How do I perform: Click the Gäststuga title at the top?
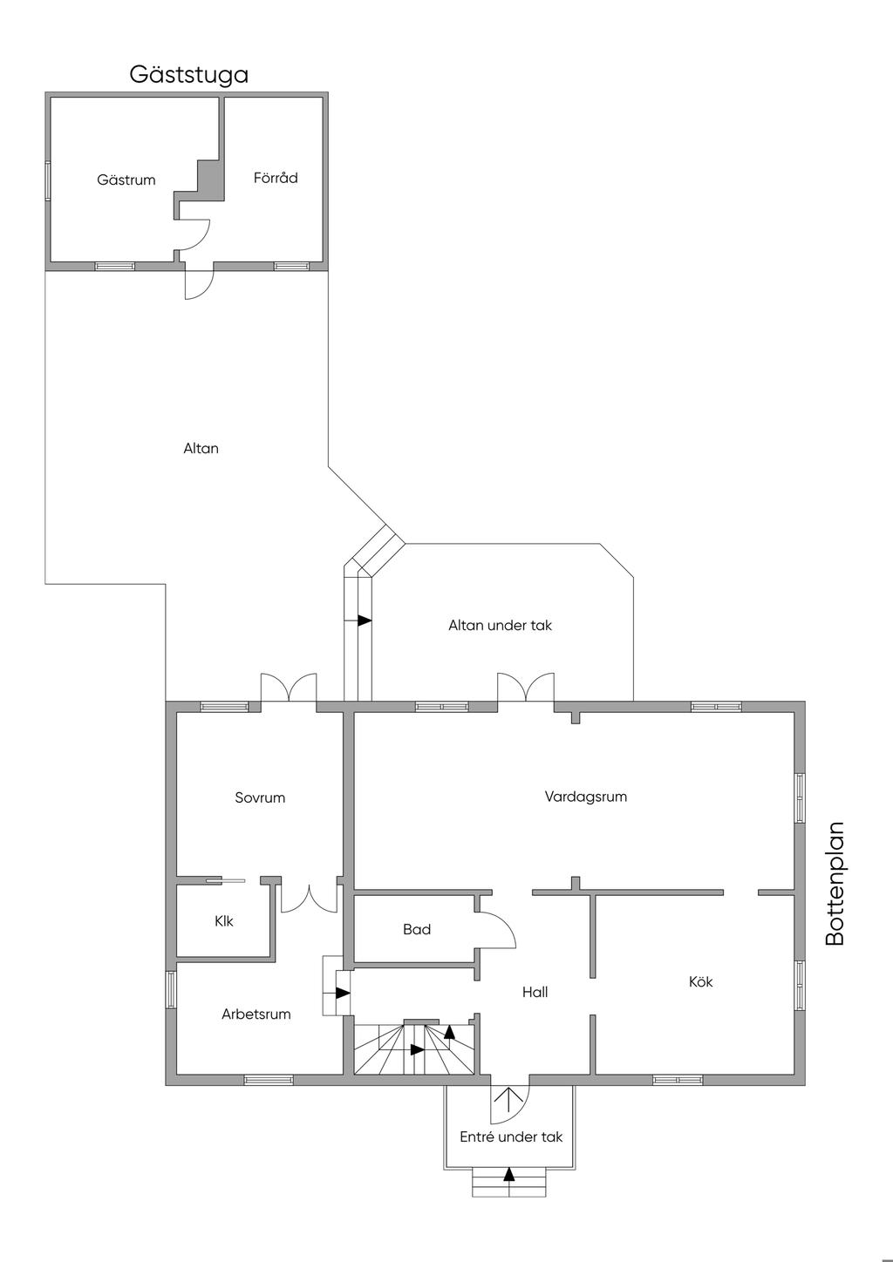pos(188,75)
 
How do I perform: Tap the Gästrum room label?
pos(126,180)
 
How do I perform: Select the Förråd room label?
pos(276,178)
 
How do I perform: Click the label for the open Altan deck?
pos(201,449)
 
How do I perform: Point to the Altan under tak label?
pos(500,626)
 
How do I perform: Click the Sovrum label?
pos(260,797)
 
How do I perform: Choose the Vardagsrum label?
pos(586,797)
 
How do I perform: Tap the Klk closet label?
pos(224,921)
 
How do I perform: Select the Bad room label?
pos(417,930)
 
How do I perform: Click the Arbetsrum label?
pos(256,1014)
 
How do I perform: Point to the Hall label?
pos(535,993)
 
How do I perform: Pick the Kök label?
pos(700,982)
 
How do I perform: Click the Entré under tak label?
pos(511,1137)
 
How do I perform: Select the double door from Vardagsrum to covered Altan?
pos(526,688)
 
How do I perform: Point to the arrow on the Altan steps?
pos(365,621)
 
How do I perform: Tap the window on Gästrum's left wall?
pos(48,180)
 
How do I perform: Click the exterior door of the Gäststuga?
pos(200,282)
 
